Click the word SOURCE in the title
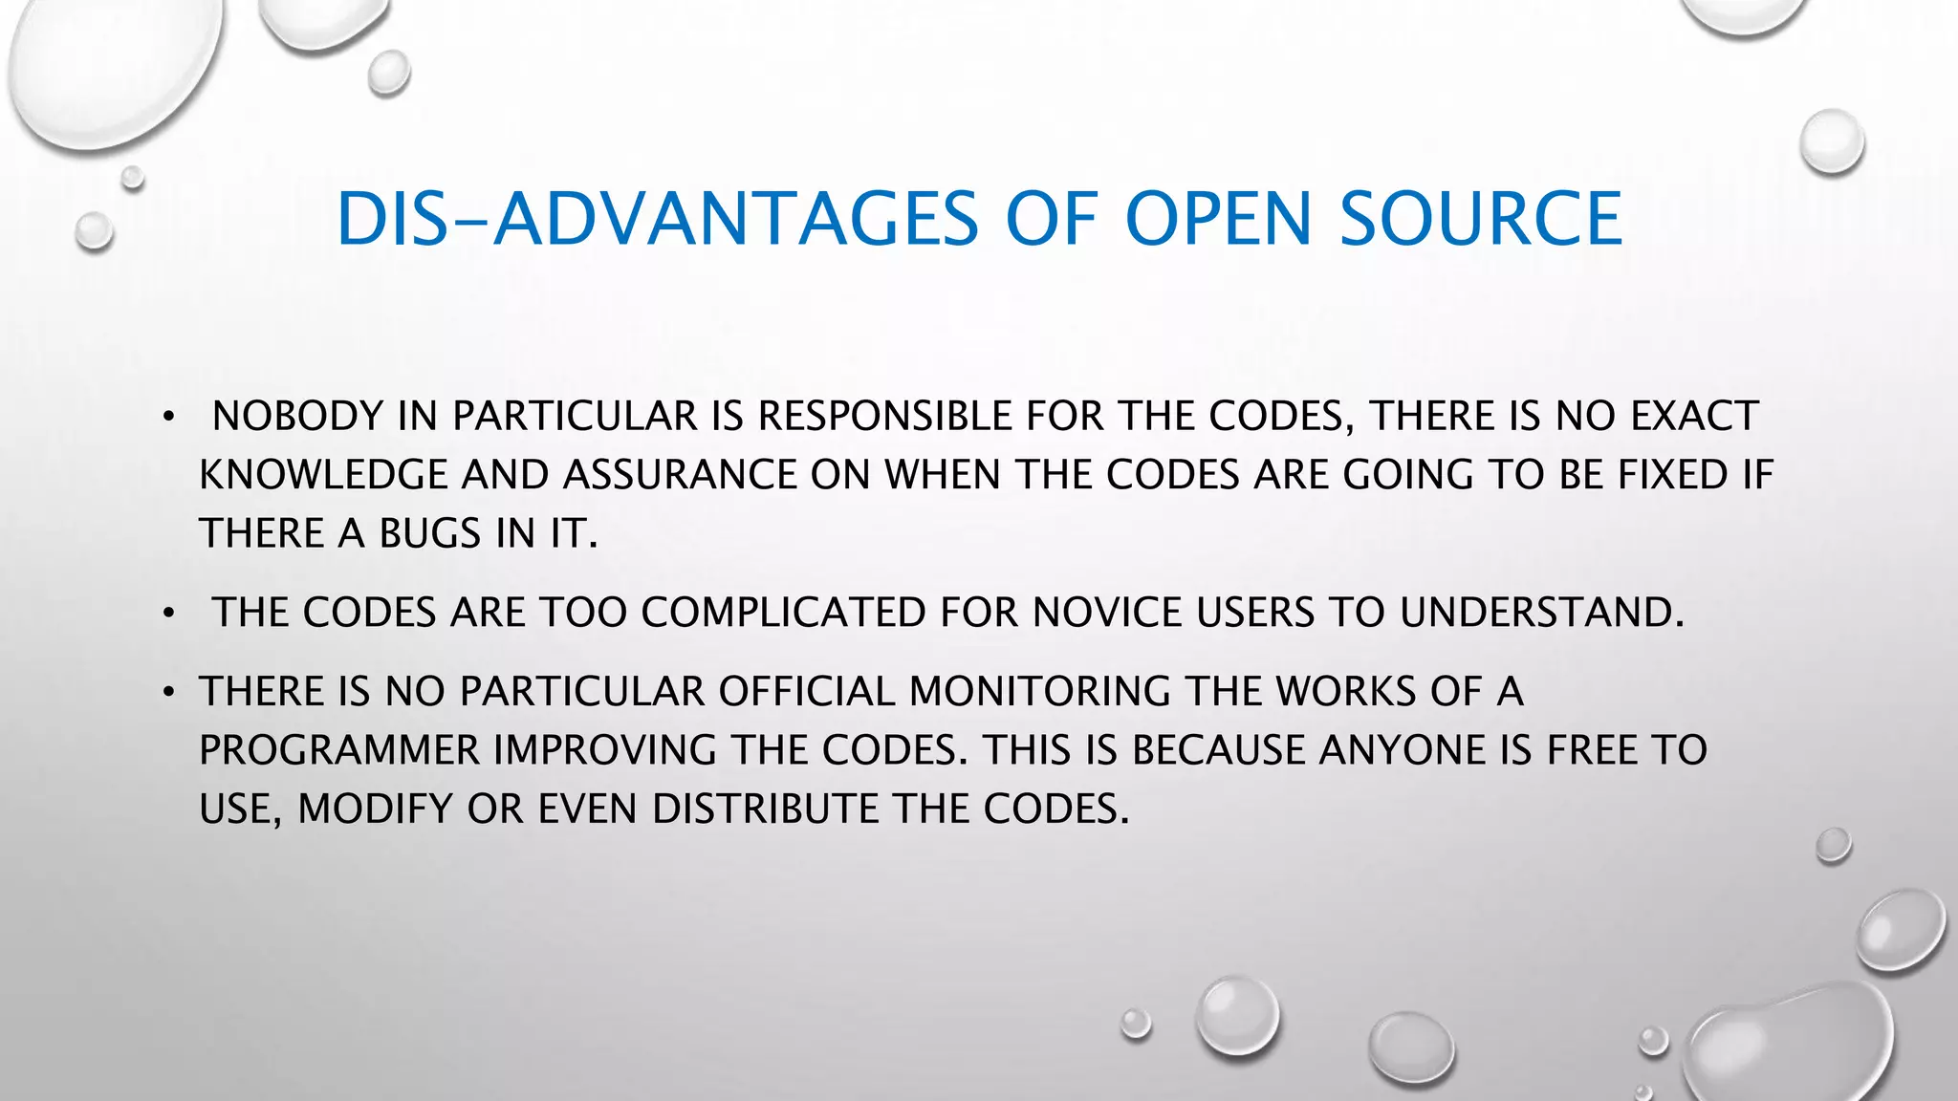(1480, 219)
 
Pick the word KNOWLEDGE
(323, 475)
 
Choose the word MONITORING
(1039, 691)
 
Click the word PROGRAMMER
(339, 750)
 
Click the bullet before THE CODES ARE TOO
(168, 614)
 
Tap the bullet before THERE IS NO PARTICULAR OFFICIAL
(168, 692)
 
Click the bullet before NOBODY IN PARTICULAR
(168, 418)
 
